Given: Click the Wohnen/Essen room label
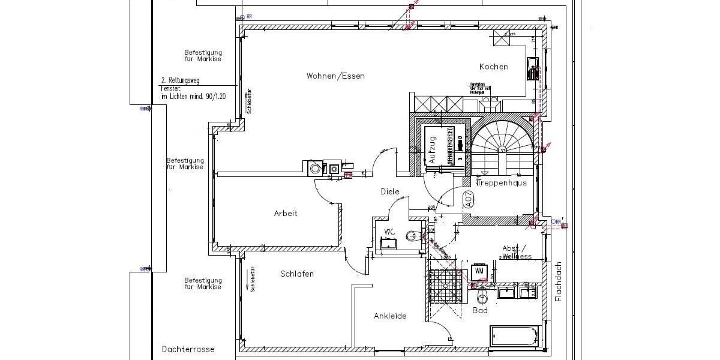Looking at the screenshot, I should coord(335,76).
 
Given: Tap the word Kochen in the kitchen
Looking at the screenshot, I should coord(493,67).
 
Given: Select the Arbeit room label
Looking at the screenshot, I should coord(286,213).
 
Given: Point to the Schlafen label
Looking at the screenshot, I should coord(297,274).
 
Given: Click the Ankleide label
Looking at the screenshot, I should coord(390,316).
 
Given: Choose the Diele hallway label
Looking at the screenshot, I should coord(389,191).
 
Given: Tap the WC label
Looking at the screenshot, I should coord(389,232).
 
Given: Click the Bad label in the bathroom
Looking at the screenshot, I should coord(479,310).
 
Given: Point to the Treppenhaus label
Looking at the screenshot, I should coord(502,183).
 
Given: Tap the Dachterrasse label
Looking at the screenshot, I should coord(188,349).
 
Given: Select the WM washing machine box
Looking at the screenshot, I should coord(479,271).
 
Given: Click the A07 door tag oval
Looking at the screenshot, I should coord(468,199).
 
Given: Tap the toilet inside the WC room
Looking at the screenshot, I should coord(412,235).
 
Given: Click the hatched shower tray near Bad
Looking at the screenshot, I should coord(445,286).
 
